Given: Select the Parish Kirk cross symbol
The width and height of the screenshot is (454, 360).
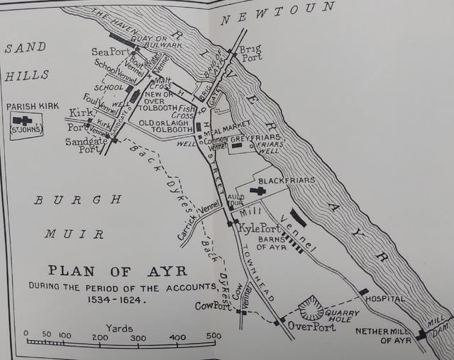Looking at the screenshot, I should click(x=27, y=120).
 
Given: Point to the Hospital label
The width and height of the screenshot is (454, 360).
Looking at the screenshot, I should click(x=383, y=299).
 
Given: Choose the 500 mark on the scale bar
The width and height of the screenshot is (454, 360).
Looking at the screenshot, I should click(x=212, y=335).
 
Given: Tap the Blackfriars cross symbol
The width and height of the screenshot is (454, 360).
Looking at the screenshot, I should click(x=261, y=190).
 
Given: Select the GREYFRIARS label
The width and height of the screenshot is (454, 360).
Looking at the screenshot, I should click(x=255, y=137).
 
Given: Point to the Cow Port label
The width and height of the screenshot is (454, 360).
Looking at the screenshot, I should click(x=214, y=305).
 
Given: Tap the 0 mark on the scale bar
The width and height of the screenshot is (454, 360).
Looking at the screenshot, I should click(x=26, y=335).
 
